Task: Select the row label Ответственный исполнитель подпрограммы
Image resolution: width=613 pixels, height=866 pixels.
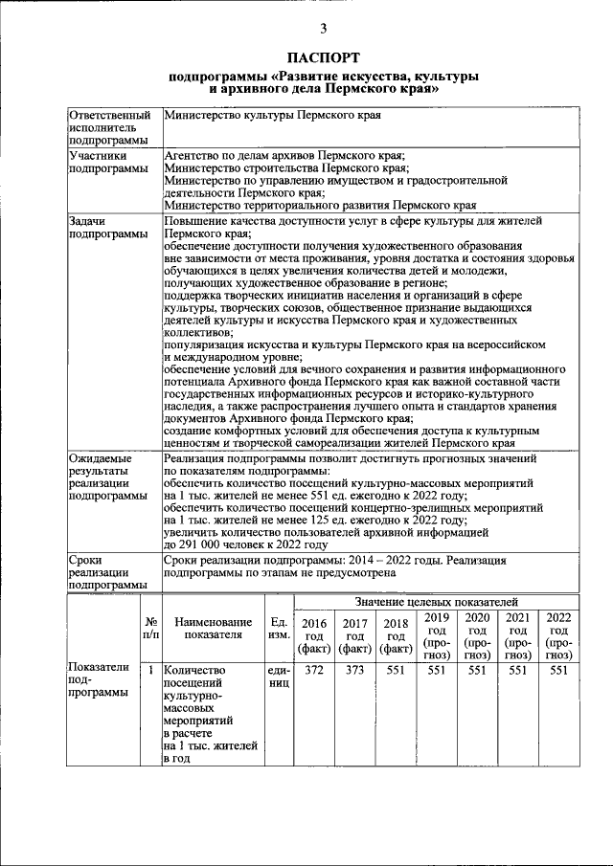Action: [x=109, y=128]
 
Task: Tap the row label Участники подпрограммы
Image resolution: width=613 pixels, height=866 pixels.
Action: [x=107, y=162]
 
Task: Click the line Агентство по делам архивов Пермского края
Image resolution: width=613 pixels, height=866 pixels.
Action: [x=285, y=155]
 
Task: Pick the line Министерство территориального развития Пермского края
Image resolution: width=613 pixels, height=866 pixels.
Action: [x=320, y=205]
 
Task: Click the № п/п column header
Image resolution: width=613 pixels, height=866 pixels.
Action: [x=150, y=629]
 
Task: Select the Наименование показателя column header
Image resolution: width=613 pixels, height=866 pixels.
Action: [x=213, y=629]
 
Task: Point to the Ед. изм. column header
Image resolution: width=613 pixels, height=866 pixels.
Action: [x=280, y=629]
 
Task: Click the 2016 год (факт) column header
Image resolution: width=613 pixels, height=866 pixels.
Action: [x=313, y=635]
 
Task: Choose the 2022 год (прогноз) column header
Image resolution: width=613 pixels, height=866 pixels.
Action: [x=557, y=635]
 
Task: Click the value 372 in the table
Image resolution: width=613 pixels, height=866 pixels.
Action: [x=313, y=671]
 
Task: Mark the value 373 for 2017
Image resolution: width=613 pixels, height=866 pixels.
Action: [x=354, y=671]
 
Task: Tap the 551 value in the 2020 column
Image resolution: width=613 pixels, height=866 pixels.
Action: [x=476, y=671]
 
